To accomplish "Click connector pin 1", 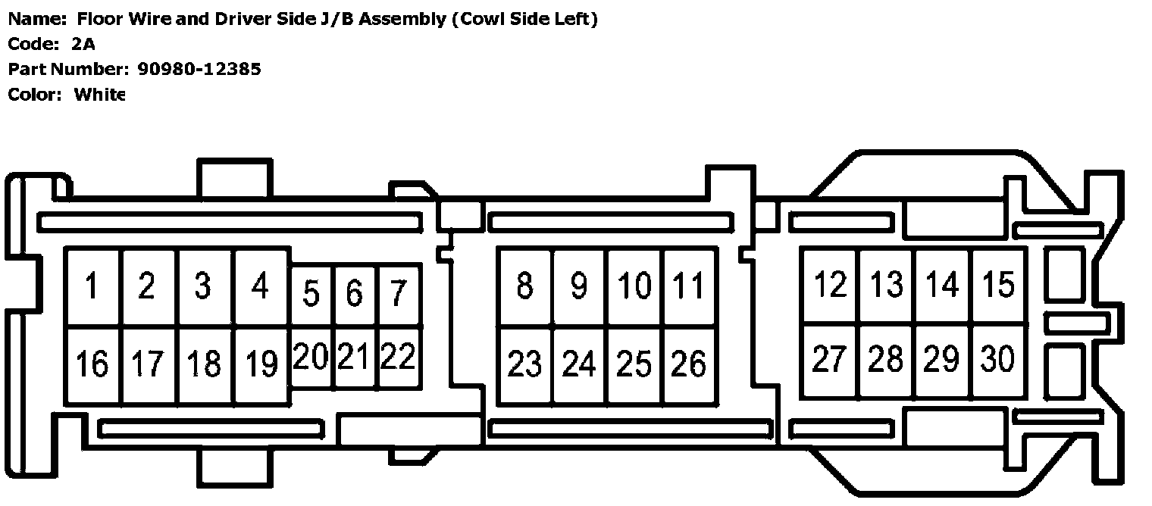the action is (x=92, y=287).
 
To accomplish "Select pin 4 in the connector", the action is (x=261, y=287).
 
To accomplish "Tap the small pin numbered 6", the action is (x=354, y=294).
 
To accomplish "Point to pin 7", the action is (x=399, y=294).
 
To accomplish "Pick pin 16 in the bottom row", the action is (x=92, y=364).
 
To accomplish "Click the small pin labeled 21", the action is (x=353, y=356).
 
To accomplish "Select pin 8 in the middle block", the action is (x=524, y=287).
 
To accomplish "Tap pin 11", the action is (x=689, y=287).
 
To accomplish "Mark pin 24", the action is (x=579, y=365).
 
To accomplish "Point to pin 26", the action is (x=689, y=365).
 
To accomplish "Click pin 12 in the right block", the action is (x=829, y=286).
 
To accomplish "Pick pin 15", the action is (x=998, y=286).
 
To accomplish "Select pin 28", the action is (x=885, y=359).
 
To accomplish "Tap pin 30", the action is (x=998, y=359).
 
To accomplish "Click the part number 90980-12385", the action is (x=199, y=70).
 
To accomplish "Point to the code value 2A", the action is (x=83, y=45).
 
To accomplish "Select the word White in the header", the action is (x=99, y=95).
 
